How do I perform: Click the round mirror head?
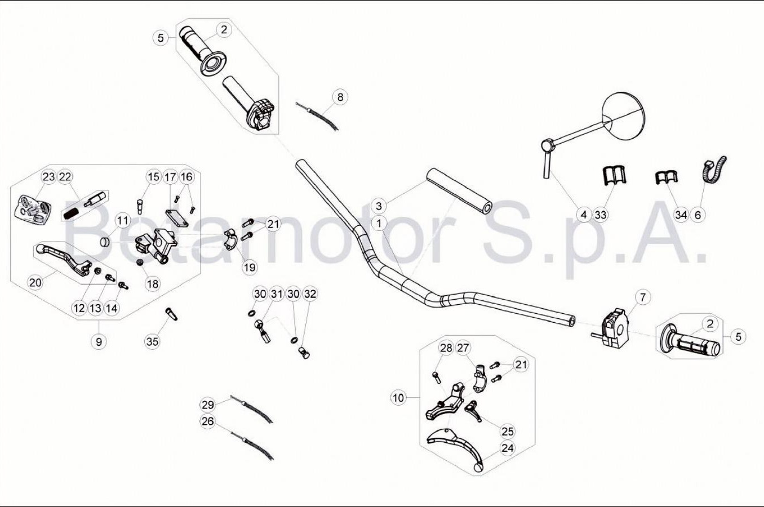[x=624, y=116]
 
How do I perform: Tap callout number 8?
[x=340, y=97]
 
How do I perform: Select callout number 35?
[x=153, y=341]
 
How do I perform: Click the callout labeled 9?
[x=99, y=341]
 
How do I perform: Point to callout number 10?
[x=398, y=398]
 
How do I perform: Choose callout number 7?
[x=643, y=297]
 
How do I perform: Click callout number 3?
[x=379, y=206]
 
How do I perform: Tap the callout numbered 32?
[x=310, y=294]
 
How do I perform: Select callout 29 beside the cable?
[x=208, y=404]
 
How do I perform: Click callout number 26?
[x=208, y=421]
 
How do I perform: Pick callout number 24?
[x=508, y=448]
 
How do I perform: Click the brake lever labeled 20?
[x=64, y=258]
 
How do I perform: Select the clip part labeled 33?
[x=613, y=175]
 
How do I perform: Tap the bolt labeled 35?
[x=171, y=314]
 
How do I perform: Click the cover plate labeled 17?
[x=177, y=218]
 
